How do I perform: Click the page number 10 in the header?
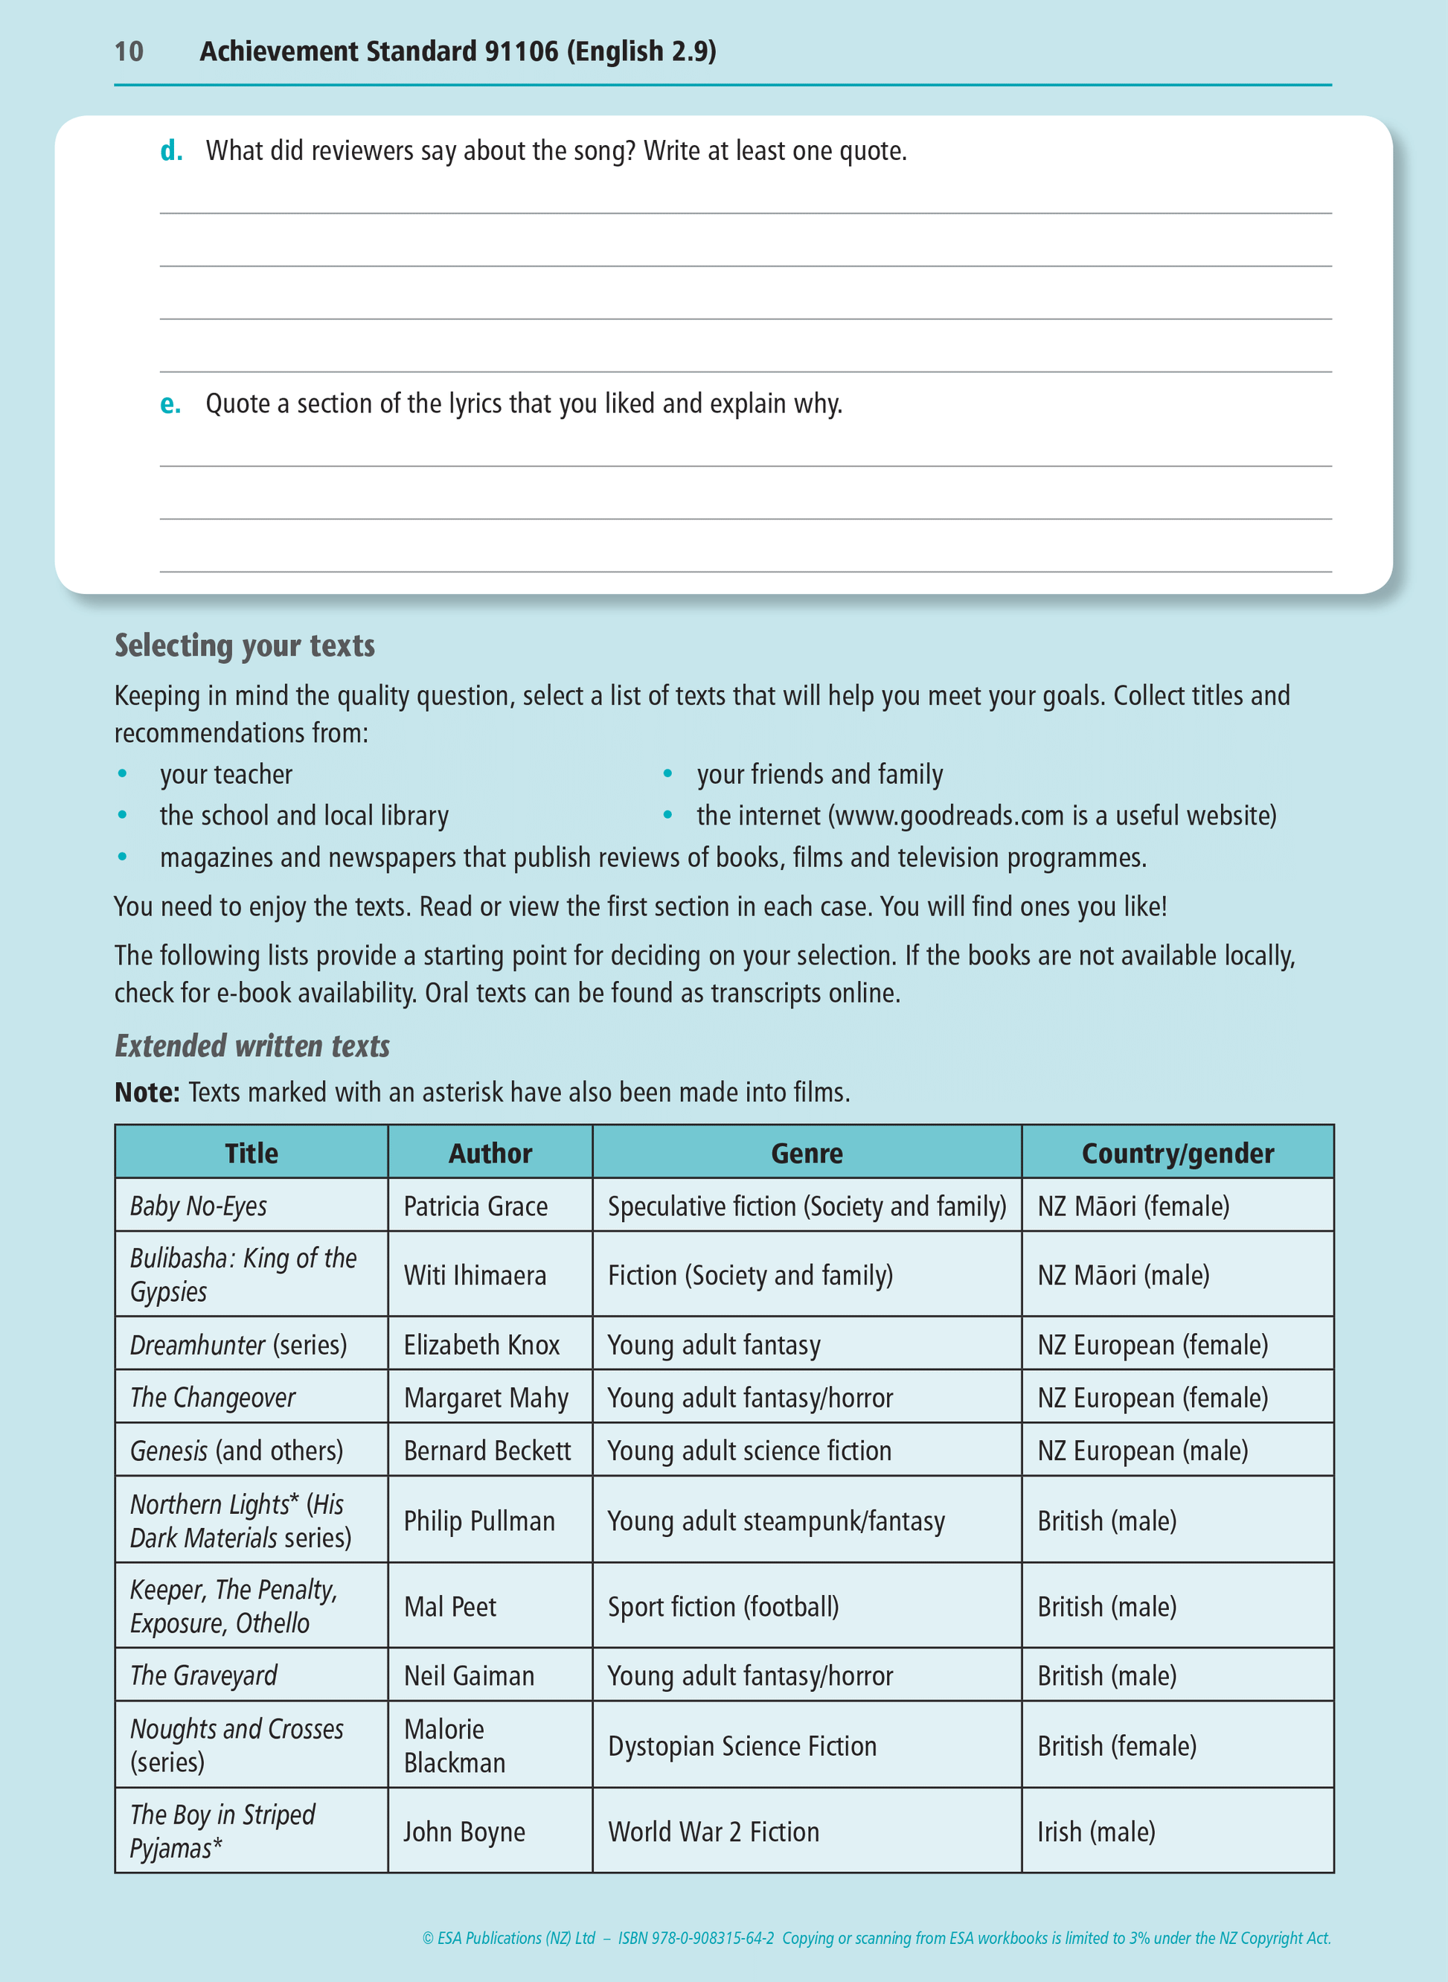pyautogui.click(x=129, y=51)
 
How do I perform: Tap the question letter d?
pyautogui.click(x=171, y=151)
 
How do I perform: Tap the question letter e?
pyautogui.click(x=170, y=404)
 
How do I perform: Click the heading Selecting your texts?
pyautogui.click(x=245, y=646)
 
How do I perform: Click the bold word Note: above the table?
pyautogui.click(x=147, y=1093)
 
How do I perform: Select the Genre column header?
pyautogui.click(x=807, y=1153)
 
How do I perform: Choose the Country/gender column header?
pyautogui.click(x=1177, y=1153)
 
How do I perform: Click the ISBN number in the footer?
pyautogui.click(x=696, y=1938)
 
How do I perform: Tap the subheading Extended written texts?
pyautogui.click(x=252, y=1046)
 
